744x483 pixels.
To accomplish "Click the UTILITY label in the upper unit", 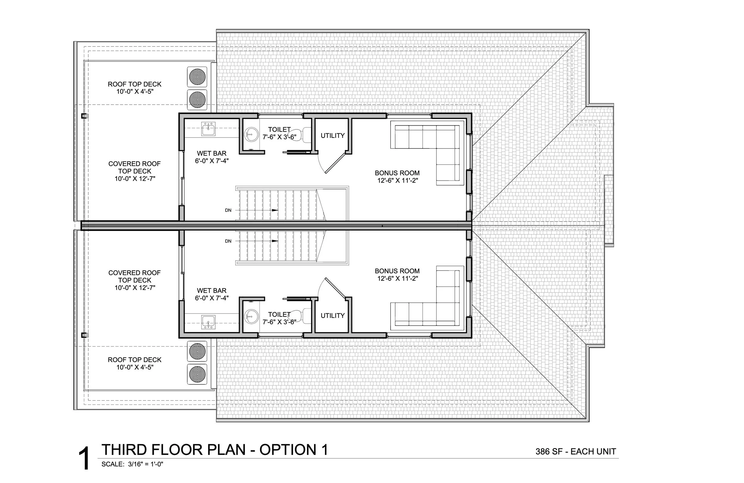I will (332, 135).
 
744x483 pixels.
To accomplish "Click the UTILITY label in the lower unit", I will (332, 316).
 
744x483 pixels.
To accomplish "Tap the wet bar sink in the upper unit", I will (208, 129).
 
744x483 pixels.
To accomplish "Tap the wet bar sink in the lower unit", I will (208, 322).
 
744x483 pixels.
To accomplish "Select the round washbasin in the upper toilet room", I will (251, 135).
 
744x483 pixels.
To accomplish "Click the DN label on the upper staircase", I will (228, 210).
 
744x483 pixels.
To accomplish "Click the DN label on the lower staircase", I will (228, 241).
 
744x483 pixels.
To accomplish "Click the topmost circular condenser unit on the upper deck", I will (197, 77).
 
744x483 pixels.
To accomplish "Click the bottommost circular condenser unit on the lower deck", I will (197, 374).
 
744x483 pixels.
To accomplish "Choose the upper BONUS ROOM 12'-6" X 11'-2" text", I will (397, 177).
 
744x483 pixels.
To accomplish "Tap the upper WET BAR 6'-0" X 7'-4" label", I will (212, 157).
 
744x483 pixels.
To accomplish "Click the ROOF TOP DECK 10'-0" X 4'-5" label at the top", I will (135, 88).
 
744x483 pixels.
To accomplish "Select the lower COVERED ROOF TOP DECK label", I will (135, 280).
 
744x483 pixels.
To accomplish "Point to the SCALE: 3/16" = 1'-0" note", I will (132, 464).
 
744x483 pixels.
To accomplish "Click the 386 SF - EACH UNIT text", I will (576, 451).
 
